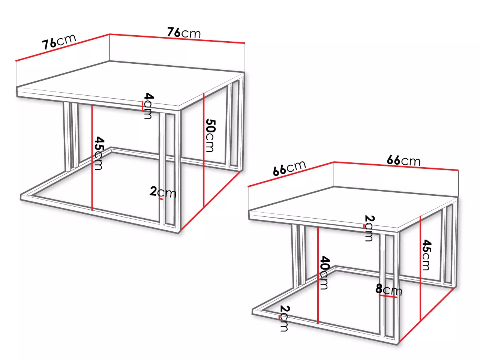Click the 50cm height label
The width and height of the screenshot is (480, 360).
pos(211,135)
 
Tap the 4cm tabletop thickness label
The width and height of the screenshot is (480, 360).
pos(148,106)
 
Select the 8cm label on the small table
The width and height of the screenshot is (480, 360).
pos(388,289)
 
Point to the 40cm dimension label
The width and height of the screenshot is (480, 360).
pos(324,273)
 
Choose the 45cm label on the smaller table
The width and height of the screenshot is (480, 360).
pos(426,255)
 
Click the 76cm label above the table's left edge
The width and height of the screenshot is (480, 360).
pos(59,42)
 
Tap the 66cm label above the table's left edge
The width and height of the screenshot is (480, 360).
pos(289,168)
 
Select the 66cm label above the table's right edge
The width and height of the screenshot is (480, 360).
pos(403,160)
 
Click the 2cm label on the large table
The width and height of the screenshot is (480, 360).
pos(163,192)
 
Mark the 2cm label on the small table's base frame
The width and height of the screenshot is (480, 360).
pos(285,318)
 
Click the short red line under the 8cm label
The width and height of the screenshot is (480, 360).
pos(388,296)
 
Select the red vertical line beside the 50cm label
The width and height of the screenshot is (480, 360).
pos(204,150)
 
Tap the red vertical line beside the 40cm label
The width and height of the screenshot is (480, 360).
pos(318,275)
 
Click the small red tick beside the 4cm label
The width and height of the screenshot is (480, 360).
pos(142,106)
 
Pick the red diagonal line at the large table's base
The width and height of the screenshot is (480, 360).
pos(210,201)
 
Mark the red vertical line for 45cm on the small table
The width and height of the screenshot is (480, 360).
pos(420,268)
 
